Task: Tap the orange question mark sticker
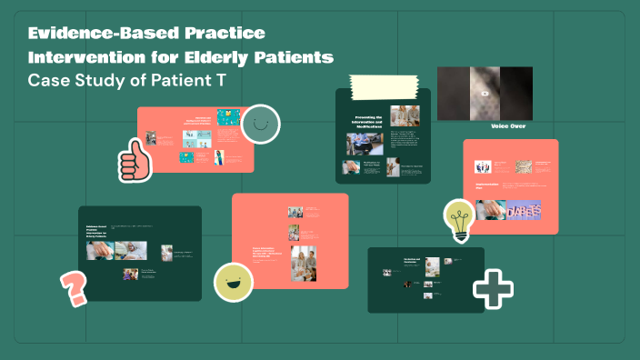(74, 288)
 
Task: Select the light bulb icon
(459, 219)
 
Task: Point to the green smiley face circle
(261, 124)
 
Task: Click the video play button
(485, 93)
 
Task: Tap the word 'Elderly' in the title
(224, 58)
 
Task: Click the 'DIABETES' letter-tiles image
(509, 210)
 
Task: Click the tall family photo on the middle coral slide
(303, 263)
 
